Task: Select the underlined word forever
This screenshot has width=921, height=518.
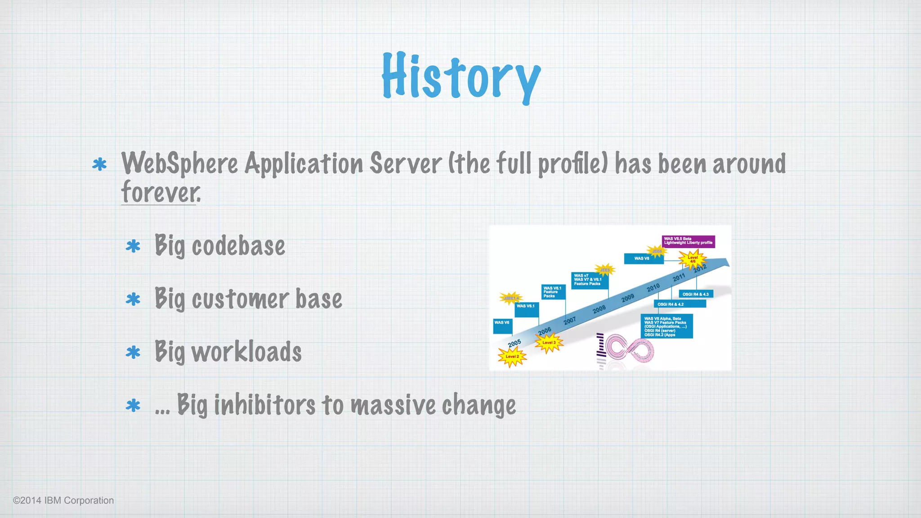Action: coord(160,192)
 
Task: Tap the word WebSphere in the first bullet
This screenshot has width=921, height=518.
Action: coord(179,164)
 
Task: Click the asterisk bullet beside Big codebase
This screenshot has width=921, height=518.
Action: coord(133,246)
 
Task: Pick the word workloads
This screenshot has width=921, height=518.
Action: coord(246,352)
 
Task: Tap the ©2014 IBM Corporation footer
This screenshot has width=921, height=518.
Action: coord(63,500)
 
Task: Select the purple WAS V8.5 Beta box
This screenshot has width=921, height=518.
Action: coord(688,241)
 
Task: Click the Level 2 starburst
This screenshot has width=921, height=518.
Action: coord(512,357)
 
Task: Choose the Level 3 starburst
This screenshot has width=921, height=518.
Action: coord(549,343)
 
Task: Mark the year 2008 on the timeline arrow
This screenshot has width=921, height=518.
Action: coord(599,309)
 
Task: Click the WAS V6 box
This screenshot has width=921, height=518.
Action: coord(502,326)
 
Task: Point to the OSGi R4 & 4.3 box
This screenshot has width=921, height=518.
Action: coord(696,294)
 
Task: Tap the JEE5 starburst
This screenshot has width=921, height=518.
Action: coord(605,270)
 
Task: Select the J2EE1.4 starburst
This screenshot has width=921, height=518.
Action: coord(511,298)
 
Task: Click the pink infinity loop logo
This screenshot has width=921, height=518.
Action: coord(630,349)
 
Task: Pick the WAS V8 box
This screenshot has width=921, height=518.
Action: coord(643,259)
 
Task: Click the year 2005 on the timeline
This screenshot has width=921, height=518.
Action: coord(514,343)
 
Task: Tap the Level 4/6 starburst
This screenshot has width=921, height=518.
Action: coord(693,259)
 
